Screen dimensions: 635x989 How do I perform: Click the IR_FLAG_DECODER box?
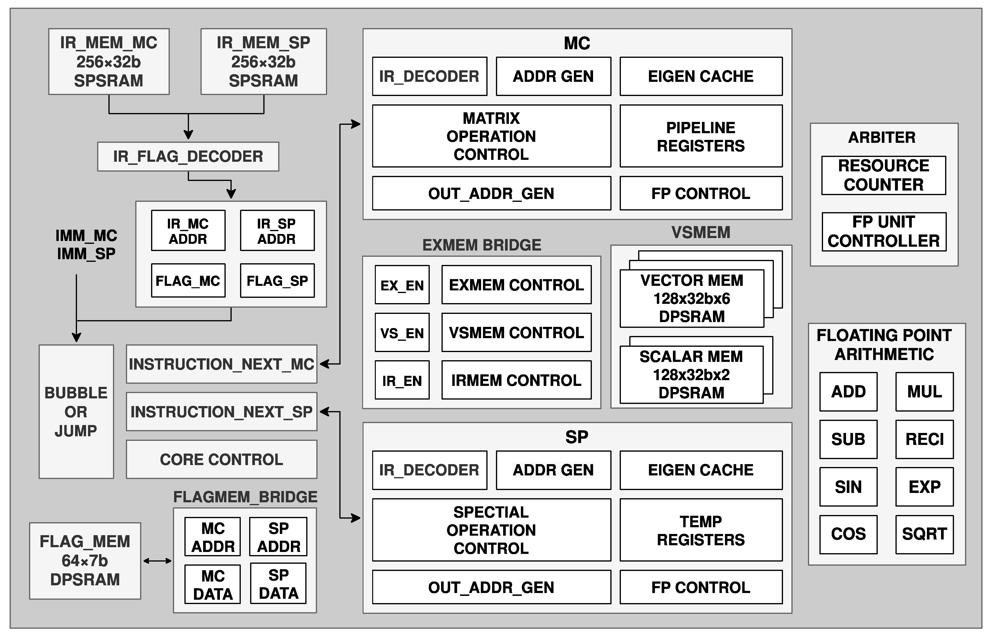pos(188,157)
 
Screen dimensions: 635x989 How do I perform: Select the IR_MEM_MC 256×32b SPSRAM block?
pos(109,61)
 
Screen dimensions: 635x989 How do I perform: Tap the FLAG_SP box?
pos(277,281)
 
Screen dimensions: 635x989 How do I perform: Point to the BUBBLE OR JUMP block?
pos(76,412)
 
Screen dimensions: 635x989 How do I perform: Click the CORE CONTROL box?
pos(221,459)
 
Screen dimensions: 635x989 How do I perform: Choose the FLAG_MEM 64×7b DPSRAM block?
pos(85,561)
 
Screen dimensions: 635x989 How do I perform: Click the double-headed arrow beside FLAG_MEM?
pos(157,561)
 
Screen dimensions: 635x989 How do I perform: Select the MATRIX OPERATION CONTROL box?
pos(491,136)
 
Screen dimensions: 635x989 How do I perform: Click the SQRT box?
pos(924,534)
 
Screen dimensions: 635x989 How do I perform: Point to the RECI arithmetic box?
pos(924,439)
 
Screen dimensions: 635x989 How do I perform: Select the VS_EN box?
pos(402,333)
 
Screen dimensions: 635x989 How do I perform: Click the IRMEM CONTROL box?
pos(516,380)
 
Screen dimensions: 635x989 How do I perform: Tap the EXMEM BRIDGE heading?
pos(481,245)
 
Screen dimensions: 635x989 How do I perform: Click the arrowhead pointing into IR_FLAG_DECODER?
pos(188,135)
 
